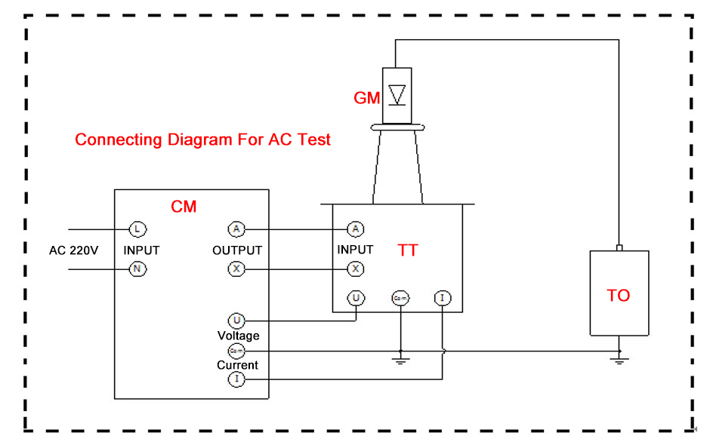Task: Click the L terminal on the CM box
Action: tap(137, 229)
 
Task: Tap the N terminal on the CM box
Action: tap(137, 268)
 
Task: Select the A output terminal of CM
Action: tap(236, 229)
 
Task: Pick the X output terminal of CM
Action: tap(236, 268)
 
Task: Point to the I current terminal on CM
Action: tap(236, 379)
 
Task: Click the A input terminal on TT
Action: tap(355, 229)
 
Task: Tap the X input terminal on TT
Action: tap(355, 268)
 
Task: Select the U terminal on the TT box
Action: tap(355, 298)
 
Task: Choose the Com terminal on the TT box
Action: tap(400, 299)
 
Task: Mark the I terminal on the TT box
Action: tap(442, 298)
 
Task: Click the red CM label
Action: tap(184, 206)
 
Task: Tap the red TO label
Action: tap(618, 296)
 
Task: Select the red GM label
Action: tap(366, 98)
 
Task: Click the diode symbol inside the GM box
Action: tap(397, 94)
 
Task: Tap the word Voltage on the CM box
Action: tap(238, 335)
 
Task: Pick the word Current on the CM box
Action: tap(237, 365)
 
